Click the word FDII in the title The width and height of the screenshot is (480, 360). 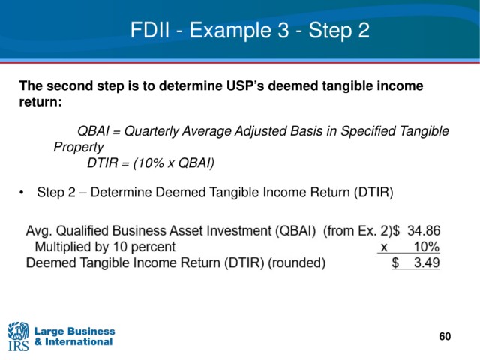[x=150, y=30]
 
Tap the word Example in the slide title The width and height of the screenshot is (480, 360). [x=230, y=31]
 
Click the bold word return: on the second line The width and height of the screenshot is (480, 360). [x=40, y=102]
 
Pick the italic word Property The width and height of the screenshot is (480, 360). [x=79, y=147]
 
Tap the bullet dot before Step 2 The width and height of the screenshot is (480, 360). [x=21, y=193]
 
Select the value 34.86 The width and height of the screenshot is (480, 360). [x=424, y=231]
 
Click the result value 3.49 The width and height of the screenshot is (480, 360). [x=427, y=262]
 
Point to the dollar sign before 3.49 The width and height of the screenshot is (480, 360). [x=395, y=262]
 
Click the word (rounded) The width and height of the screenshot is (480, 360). [x=297, y=263]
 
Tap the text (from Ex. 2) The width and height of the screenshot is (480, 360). [x=357, y=231]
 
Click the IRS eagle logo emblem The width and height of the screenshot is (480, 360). [x=18, y=331]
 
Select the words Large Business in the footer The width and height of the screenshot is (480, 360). [x=75, y=331]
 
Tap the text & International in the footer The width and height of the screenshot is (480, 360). [x=73, y=342]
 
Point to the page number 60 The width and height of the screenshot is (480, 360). [x=445, y=337]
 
